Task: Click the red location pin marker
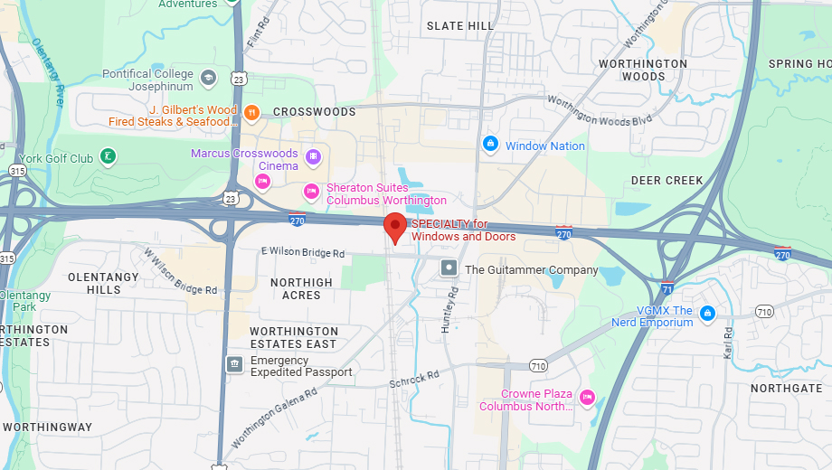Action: click(x=395, y=226)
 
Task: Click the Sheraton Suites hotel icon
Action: click(x=311, y=190)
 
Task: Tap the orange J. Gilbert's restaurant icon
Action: click(x=252, y=113)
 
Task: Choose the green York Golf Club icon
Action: click(x=108, y=157)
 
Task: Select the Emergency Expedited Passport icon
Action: click(x=234, y=363)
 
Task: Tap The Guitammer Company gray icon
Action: click(x=449, y=268)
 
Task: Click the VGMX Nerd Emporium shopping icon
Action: click(x=707, y=314)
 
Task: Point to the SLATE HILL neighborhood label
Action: click(x=460, y=26)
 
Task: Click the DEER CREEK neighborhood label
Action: click(x=667, y=181)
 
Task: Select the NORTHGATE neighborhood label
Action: click(x=787, y=388)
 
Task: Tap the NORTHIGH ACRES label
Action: click(x=301, y=289)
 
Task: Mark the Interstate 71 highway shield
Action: click(x=667, y=288)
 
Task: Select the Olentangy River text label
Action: click(x=48, y=72)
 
